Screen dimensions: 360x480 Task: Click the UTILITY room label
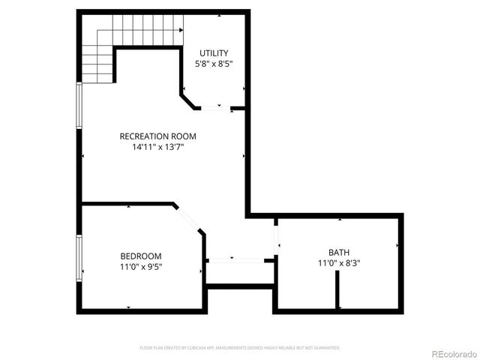pos(214,52)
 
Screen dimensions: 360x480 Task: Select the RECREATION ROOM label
pos(157,136)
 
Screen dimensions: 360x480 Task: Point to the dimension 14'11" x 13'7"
pos(157,147)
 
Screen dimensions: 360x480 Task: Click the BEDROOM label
pos(141,256)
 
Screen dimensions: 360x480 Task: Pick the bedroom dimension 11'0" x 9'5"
pos(141,266)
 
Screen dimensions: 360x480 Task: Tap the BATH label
pos(338,253)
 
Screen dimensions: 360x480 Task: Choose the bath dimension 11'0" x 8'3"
pos(338,263)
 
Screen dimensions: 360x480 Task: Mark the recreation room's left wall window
pos(79,105)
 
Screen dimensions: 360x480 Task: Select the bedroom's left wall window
pos(79,259)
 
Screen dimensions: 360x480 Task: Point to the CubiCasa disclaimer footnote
pos(240,348)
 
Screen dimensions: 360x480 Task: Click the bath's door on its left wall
pos(277,236)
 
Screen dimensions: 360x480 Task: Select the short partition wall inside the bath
pos(338,289)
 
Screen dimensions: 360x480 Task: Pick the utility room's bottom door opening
pos(216,109)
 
